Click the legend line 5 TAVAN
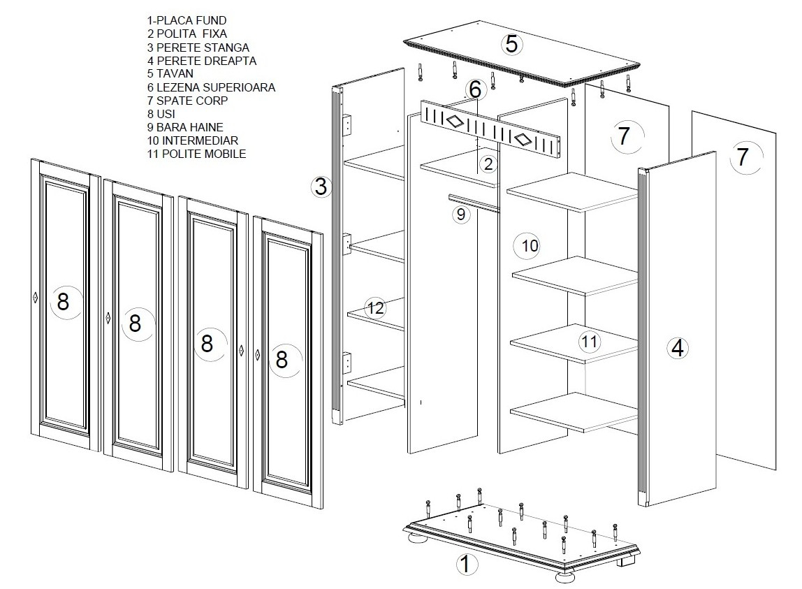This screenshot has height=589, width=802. point(170,73)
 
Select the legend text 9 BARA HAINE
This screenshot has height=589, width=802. point(185,127)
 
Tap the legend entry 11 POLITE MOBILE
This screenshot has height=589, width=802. point(196,154)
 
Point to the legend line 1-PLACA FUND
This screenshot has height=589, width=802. point(187,20)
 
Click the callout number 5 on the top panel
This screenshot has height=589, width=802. point(511,44)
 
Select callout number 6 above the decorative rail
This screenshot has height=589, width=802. point(475,89)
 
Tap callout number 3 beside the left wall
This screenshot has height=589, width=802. point(321,187)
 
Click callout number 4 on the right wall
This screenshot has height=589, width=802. point(677,349)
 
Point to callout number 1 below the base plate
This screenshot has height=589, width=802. point(466,565)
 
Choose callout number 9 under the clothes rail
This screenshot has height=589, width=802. point(461,214)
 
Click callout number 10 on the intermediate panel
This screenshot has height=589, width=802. point(530,246)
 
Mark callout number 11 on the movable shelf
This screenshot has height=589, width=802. point(589,342)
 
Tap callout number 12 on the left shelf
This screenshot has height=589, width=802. point(375,307)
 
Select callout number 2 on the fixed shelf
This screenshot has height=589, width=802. point(488,163)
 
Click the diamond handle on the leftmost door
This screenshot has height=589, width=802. point(36,297)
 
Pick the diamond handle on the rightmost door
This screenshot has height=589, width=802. point(257,354)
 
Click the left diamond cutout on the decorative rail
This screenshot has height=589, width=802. point(453,122)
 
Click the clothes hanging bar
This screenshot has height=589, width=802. point(473,203)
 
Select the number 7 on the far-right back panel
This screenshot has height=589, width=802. point(743,156)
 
